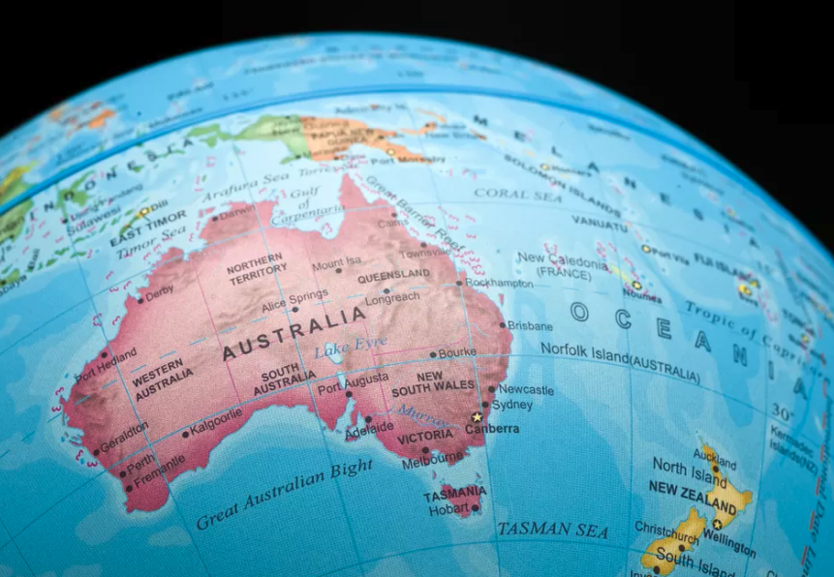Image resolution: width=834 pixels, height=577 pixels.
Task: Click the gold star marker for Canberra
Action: click(x=476, y=417)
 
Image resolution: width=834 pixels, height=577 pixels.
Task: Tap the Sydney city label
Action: click(x=512, y=405)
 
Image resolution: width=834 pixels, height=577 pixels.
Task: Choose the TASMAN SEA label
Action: click(x=552, y=531)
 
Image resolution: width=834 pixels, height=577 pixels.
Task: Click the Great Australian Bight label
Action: click(x=284, y=495)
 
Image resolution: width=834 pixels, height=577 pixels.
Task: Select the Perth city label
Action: click(x=140, y=461)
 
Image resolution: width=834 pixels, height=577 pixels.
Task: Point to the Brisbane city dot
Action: click(x=503, y=325)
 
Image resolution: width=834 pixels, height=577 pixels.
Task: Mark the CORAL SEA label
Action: click(x=518, y=193)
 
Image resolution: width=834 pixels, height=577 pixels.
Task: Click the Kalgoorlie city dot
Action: click(x=186, y=434)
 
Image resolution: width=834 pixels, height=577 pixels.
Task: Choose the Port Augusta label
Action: click(x=354, y=383)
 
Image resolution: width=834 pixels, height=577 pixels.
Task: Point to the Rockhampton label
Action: click(x=498, y=284)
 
